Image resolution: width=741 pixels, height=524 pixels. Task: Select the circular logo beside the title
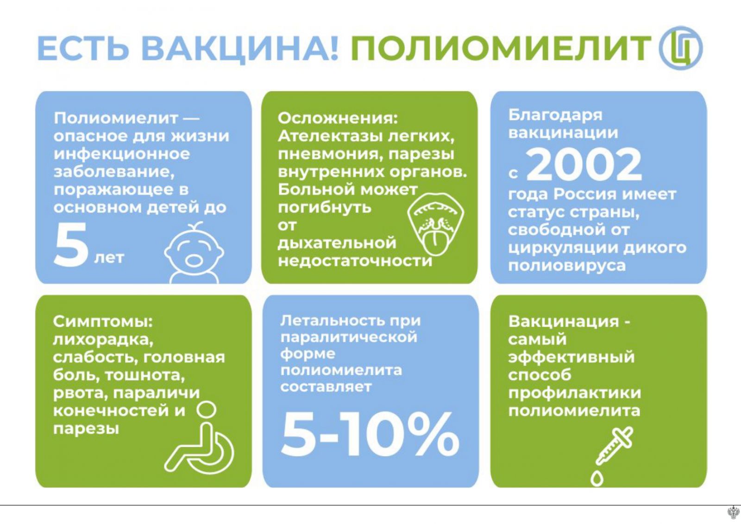click(x=680, y=48)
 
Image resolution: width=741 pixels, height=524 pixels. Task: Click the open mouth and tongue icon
click(x=435, y=226)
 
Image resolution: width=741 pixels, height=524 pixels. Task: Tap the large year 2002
click(x=584, y=165)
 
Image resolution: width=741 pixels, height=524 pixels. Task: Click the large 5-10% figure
click(x=370, y=435)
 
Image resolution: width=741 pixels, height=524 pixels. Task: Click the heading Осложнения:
click(x=337, y=119)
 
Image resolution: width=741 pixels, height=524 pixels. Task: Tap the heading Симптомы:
click(x=102, y=322)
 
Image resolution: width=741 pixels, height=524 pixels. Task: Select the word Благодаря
click(x=555, y=116)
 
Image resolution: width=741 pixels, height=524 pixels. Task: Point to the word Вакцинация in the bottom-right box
click(x=563, y=322)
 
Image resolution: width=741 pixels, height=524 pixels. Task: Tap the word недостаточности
click(x=355, y=261)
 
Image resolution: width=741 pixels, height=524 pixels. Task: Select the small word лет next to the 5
click(x=109, y=258)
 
